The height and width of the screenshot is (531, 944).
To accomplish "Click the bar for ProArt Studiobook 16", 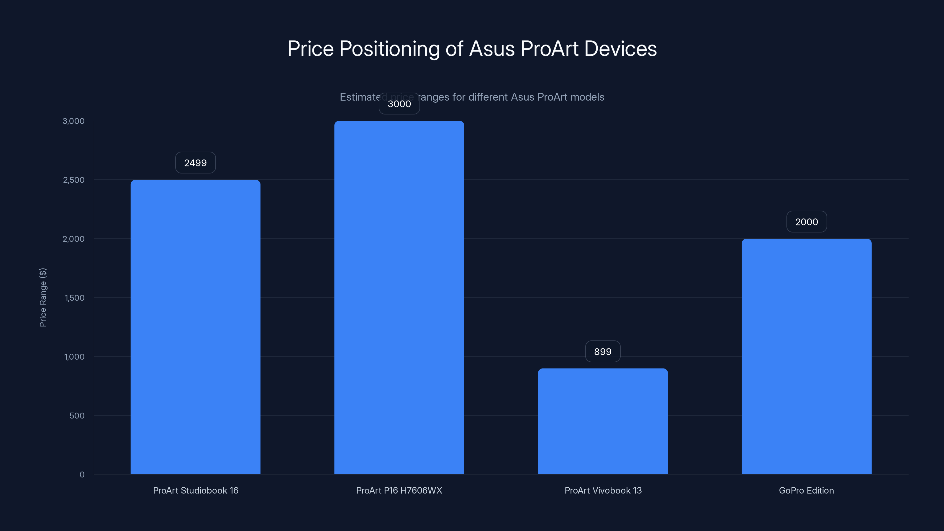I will point(195,327).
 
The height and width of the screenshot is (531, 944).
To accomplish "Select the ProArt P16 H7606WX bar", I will point(399,297).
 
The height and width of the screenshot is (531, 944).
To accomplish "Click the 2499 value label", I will point(195,163).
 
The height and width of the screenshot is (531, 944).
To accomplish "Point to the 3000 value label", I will point(399,104).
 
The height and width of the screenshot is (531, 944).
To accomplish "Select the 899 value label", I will point(603,351).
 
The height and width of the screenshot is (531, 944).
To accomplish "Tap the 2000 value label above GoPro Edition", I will point(806,222).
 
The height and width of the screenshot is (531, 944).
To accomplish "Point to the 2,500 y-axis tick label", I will point(74,180).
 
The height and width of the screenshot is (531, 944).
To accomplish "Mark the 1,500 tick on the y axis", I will point(74,298).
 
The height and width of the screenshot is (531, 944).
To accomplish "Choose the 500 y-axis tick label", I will point(77,416).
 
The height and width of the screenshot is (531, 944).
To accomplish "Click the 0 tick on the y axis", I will point(82,475).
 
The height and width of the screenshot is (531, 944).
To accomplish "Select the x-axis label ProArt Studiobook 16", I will point(195,490).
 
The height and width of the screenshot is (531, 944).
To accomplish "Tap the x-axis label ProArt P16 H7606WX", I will point(399,490).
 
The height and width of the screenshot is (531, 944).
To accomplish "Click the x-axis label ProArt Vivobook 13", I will point(603,490).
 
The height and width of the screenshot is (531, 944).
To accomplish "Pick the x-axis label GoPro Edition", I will point(806,490).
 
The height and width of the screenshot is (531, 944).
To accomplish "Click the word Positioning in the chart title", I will point(389,49).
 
